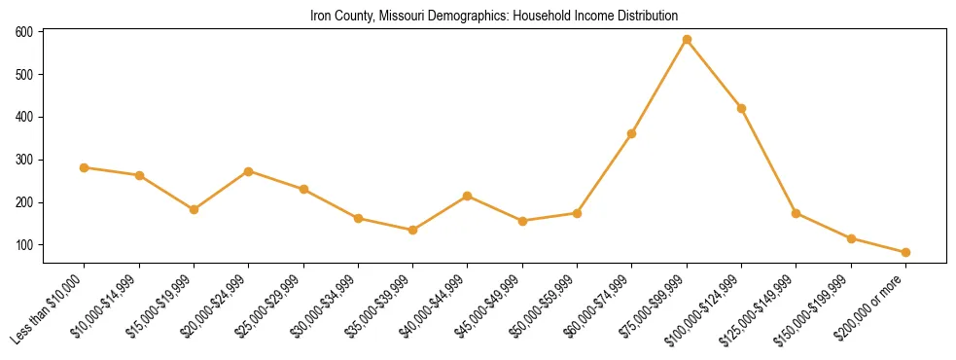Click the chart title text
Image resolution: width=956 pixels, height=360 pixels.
(x=494, y=16)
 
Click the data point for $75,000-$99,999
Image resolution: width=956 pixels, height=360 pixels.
(x=687, y=40)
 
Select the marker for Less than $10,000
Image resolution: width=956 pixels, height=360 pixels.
(x=85, y=167)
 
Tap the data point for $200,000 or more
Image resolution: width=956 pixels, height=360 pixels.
(x=905, y=252)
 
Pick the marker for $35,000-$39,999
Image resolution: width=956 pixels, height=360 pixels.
(x=412, y=230)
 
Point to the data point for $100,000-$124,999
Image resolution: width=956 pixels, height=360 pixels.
(x=741, y=108)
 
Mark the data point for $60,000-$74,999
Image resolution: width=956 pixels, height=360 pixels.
(x=632, y=133)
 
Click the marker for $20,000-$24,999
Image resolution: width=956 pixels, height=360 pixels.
(x=249, y=171)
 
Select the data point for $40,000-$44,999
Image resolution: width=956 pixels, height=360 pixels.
(x=468, y=196)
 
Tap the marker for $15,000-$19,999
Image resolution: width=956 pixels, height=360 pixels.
(x=194, y=209)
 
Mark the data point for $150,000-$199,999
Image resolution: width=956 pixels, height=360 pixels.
(x=851, y=238)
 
